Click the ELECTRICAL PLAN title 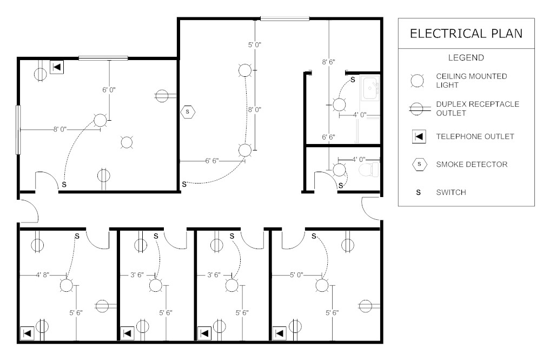pyautogui.click(x=466, y=34)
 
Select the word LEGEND pyautogui.click(x=466, y=57)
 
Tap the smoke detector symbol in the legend pyautogui.click(x=418, y=164)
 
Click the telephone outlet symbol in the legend pyautogui.click(x=418, y=136)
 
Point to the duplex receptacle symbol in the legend pyautogui.click(x=417, y=109)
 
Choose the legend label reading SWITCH pyautogui.click(x=451, y=192)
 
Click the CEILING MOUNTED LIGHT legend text pyautogui.click(x=472, y=81)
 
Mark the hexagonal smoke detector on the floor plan pyautogui.click(x=188, y=112)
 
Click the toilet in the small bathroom pyautogui.click(x=369, y=171)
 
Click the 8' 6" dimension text pyautogui.click(x=329, y=62)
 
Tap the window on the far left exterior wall pyautogui.click(x=19, y=129)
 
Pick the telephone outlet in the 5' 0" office pyautogui.click(x=280, y=332)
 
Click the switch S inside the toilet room pyautogui.click(x=340, y=186)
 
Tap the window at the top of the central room pyautogui.click(x=284, y=18)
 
